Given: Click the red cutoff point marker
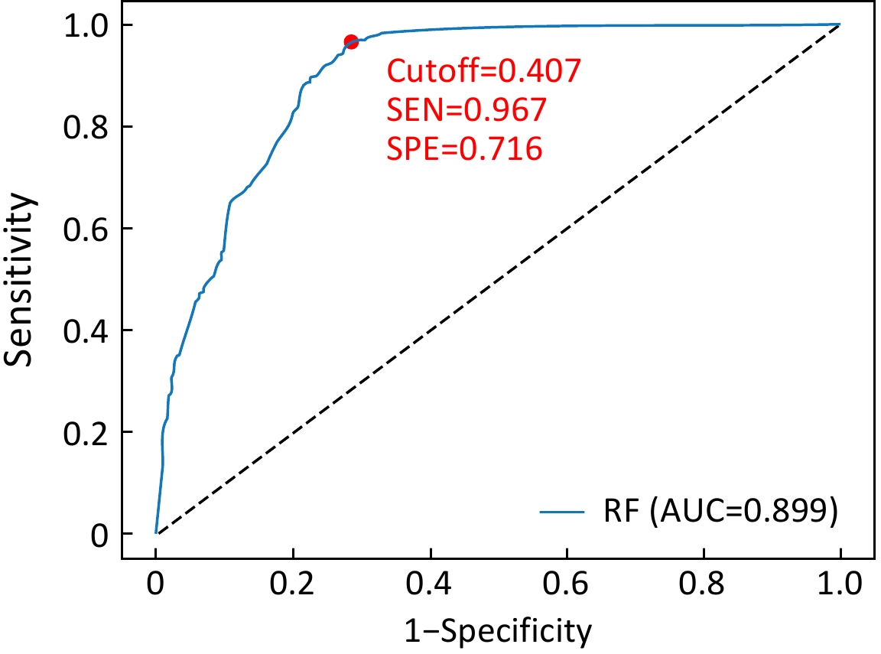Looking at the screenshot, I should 350,42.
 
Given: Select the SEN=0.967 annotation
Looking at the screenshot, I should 467,111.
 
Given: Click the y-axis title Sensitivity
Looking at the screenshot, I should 21,279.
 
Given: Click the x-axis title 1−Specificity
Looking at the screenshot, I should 499,632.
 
